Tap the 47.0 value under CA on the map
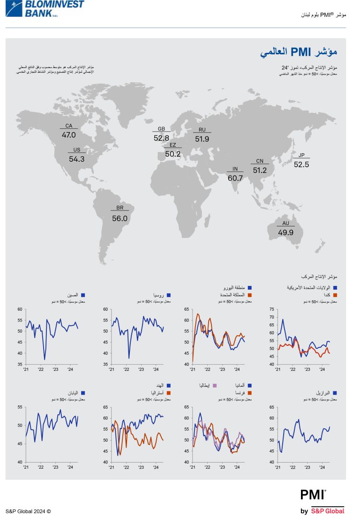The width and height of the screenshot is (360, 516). [x=68, y=135]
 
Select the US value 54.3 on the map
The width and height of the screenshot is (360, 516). [x=76, y=159]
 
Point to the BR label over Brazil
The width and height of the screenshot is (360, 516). [x=120, y=208]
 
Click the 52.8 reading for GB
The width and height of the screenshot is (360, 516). [x=161, y=138]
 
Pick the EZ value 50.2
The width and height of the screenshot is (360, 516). [x=172, y=154]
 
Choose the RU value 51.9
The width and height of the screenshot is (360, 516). [x=202, y=139]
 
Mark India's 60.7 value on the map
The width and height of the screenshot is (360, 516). [x=235, y=178]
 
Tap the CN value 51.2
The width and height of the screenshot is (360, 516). [x=260, y=171]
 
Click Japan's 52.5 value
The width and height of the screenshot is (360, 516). [x=301, y=165]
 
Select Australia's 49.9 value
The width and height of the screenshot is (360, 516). [x=285, y=232]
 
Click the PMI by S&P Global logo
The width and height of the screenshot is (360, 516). [x=322, y=501]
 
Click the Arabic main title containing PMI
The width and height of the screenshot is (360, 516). [x=299, y=52]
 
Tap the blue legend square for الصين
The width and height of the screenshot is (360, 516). [x=82, y=295]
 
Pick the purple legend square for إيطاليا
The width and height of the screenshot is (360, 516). [x=215, y=385]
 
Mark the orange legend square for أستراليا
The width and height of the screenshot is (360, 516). [x=168, y=393]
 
